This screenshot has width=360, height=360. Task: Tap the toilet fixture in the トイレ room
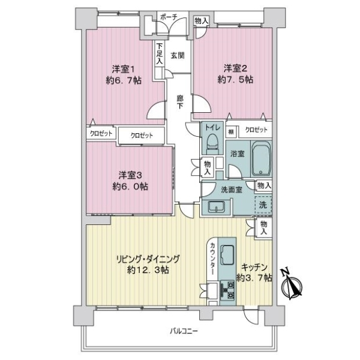tap(212, 144)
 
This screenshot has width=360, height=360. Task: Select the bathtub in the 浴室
tap(261, 158)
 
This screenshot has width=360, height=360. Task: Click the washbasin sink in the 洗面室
tap(216, 207)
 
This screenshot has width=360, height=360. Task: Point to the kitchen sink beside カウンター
tap(227, 254)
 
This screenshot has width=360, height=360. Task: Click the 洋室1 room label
tap(123, 69)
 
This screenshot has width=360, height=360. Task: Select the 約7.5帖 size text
tap(235, 80)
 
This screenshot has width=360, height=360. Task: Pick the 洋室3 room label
tap(130, 175)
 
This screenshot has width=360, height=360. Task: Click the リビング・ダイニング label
tap(148, 259)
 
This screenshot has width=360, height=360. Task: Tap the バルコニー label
tap(184, 331)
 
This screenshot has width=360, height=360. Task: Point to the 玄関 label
tap(178, 56)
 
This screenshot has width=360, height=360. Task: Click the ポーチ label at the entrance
tap(169, 17)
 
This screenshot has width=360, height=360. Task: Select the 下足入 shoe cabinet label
tap(160, 53)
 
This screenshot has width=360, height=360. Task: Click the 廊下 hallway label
tap(180, 103)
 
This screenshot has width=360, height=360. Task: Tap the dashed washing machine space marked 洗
tap(263, 205)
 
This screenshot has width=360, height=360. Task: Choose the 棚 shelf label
tap(231, 132)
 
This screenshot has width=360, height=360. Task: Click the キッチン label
tap(254, 267)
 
